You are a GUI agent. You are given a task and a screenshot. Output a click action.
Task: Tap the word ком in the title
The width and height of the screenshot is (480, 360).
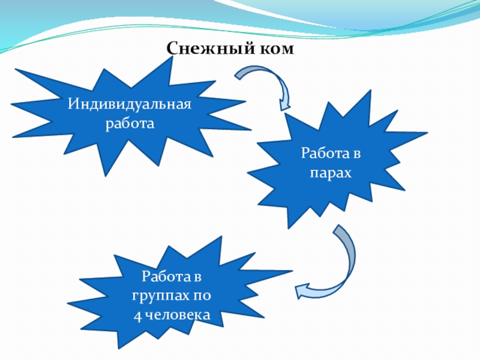[x=275, y=49]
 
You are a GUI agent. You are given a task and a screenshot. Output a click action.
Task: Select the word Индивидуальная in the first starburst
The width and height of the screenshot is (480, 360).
[x=129, y=105]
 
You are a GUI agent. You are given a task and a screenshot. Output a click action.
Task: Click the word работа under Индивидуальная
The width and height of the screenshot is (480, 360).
[x=129, y=124]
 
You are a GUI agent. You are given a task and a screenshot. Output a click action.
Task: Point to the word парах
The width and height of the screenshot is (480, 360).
[x=331, y=173]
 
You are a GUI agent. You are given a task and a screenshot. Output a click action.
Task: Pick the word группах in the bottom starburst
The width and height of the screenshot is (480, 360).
[x=161, y=296]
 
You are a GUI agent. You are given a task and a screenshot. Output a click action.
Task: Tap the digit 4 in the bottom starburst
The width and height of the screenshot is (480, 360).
[x=137, y=314]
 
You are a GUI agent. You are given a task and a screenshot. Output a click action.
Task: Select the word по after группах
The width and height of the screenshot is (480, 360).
[x=202, y=296]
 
